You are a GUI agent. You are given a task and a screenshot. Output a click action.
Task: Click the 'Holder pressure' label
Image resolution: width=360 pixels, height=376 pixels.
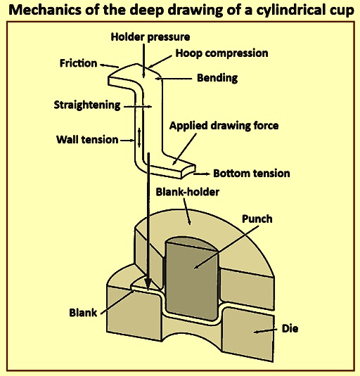150,37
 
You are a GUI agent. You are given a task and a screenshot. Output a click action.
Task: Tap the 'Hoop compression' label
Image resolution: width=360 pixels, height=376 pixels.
221,53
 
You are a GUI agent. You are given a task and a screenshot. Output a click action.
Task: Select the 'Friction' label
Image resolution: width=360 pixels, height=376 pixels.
78,63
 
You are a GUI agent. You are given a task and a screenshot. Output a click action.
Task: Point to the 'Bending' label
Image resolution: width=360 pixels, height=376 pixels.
217,78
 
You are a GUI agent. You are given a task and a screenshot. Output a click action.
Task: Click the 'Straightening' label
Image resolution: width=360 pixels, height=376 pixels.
87,105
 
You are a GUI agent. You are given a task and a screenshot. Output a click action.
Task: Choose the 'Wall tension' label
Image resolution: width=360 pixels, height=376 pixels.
87,140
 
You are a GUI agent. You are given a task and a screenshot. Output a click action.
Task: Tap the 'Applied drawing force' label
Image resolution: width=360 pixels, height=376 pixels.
224,126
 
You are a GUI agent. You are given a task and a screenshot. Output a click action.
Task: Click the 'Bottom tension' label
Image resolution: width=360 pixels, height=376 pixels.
252,174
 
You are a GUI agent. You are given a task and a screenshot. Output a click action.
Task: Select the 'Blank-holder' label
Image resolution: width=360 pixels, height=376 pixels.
188,192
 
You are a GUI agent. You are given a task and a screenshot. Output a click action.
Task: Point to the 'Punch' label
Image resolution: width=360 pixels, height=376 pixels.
257,219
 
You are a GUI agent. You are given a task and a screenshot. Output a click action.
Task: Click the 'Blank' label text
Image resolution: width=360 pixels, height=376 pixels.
83,313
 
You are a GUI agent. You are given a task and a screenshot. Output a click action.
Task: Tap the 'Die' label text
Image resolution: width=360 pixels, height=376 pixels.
290,328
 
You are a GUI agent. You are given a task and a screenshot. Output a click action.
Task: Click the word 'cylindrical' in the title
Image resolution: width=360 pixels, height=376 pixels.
288,11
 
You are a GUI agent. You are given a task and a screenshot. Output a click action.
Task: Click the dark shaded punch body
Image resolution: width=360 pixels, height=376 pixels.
192,279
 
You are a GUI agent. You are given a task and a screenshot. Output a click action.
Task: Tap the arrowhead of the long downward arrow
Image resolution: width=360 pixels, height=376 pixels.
148,285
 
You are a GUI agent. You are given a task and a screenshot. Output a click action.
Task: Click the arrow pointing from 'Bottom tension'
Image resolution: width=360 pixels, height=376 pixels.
202,174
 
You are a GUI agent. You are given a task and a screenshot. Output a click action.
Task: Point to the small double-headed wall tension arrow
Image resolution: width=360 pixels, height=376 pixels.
139,138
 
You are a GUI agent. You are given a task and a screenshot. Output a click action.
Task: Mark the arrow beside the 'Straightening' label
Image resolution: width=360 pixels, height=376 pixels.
138,106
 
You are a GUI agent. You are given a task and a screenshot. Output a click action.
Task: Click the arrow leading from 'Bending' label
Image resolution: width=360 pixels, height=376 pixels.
174,79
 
